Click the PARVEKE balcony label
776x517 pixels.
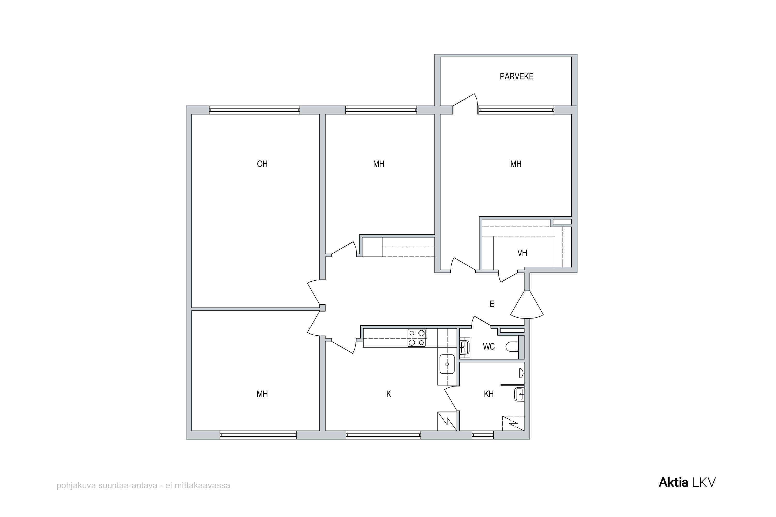pos(517,76)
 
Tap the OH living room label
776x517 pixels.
pos(262,164)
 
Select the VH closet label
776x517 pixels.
pos(522,253)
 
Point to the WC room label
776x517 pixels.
pos(489,346)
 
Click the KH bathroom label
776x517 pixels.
pos(489,394)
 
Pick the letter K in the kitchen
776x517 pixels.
pos(389,394)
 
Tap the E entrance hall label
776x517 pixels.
pos(492,304)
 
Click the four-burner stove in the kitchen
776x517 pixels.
pos(416,338)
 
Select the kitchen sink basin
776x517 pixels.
pos(447,364)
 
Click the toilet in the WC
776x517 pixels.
pos(512,346)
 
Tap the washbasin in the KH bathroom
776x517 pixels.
pos(519,394)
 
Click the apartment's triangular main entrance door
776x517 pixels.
pos(527,305)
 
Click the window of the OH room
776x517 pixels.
pos(255,110)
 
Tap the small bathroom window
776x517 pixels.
pos(483,435)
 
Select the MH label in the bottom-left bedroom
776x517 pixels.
pos(262,394)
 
